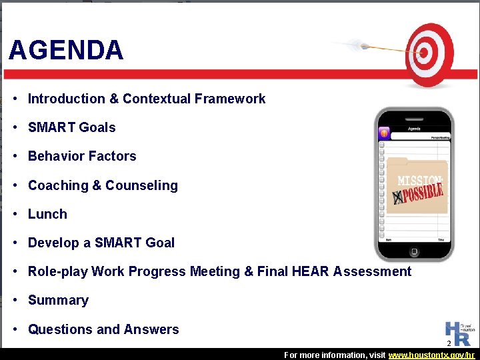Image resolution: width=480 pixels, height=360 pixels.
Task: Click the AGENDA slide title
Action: pyautogui.click(x=66, y=51)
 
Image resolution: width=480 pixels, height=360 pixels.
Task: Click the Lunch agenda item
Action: pyautogui.click(x=47, y=214)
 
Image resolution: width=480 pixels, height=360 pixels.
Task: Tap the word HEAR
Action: pyautogui.click(x=311, y=271)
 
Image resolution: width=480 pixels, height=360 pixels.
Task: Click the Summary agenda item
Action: pyautogui.click(x=58, y=300)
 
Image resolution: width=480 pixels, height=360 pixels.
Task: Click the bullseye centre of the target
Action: pyautogui.click(x=422, y=52)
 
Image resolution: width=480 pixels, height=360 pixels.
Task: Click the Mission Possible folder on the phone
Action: pyautogui.click(x=417, y=187)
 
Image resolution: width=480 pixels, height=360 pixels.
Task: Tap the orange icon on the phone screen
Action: pyautogui.click(x=383, y=133)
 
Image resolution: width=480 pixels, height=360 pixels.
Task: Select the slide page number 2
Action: pyautogui.click(x=449, y=343)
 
